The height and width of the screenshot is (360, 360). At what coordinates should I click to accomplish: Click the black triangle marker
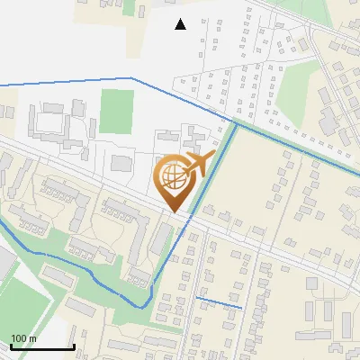[181, 24]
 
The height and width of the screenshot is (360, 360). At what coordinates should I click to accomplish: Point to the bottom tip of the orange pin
[175, 212]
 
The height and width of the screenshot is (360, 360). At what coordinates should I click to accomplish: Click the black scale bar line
[42, 347]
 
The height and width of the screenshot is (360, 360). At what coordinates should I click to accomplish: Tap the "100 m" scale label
[23, 338]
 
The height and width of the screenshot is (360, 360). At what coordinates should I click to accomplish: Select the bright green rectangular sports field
[117, 110]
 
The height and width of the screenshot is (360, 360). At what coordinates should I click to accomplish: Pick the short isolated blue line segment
[219, 302]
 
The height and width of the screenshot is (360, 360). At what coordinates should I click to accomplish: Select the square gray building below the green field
[121, 163]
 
